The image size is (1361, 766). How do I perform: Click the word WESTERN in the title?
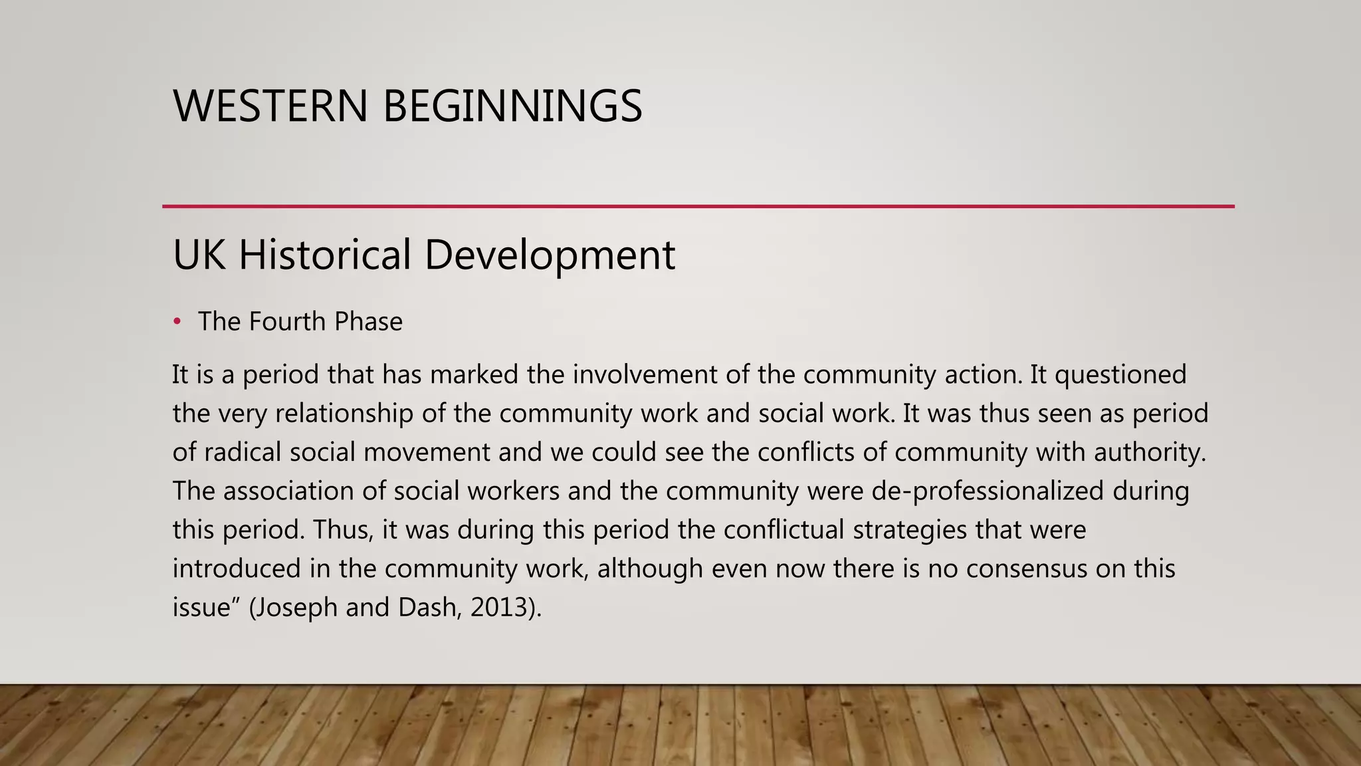point(270,106)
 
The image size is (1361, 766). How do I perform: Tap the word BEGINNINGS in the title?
point(512,106)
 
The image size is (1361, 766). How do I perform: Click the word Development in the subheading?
point(550,255)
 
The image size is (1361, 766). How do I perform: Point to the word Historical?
point(325,254)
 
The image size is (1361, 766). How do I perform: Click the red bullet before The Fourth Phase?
point(177,322)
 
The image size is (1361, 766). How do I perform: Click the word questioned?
point(1120,376)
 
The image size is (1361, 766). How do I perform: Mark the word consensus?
point(1026,569)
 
